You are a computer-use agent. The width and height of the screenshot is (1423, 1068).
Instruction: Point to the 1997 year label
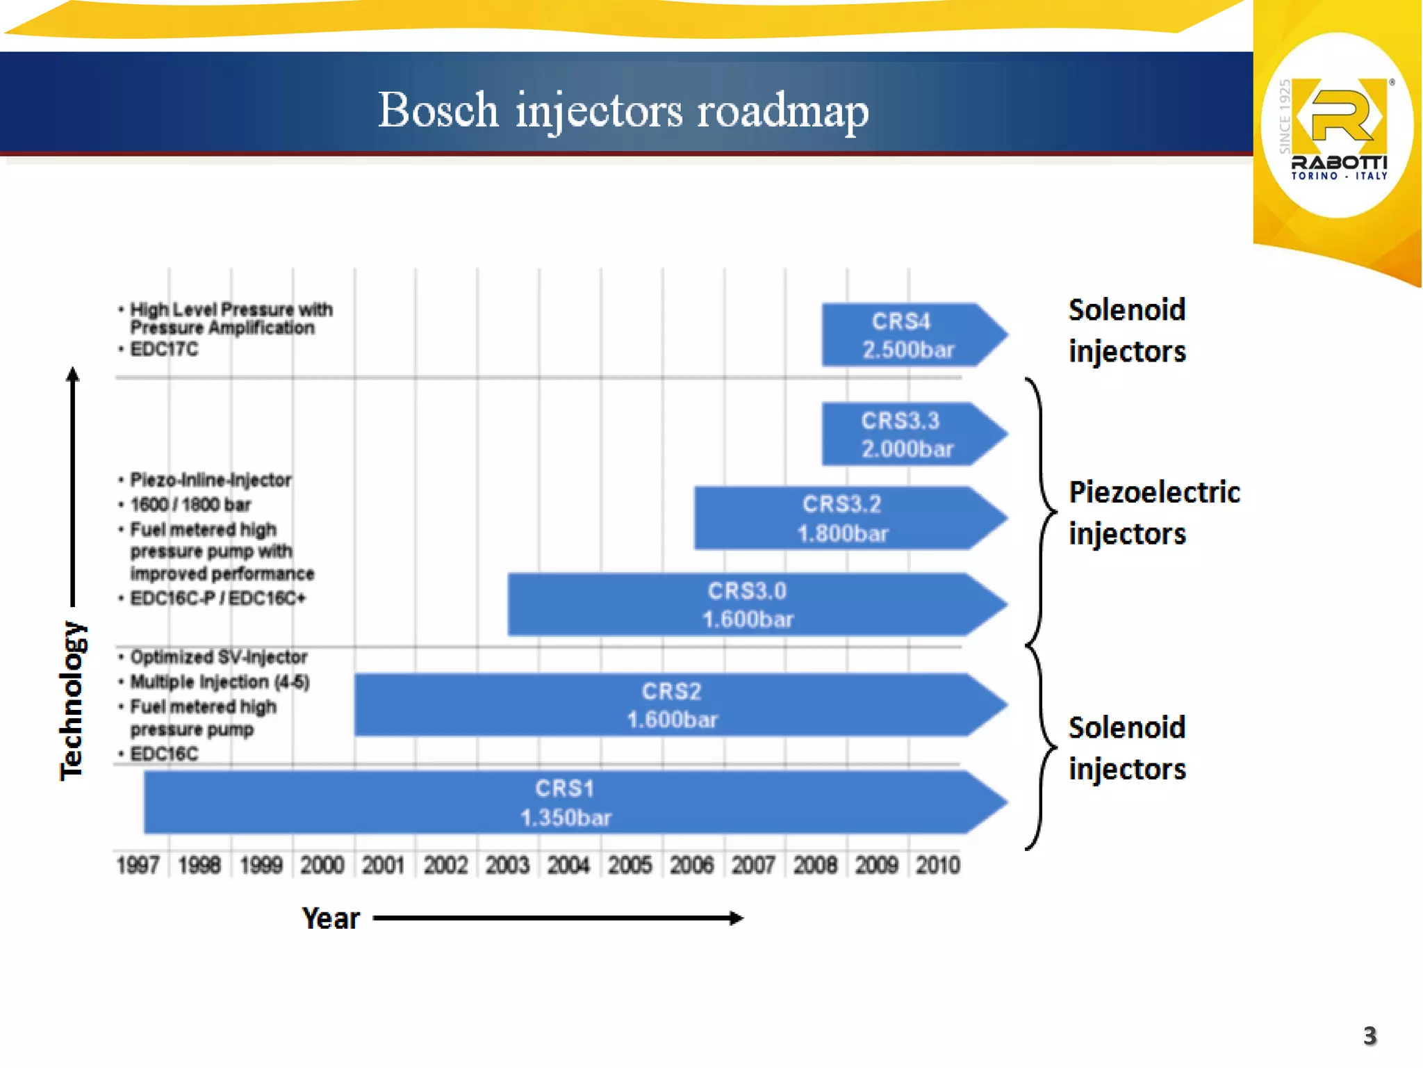[x=138, y=865]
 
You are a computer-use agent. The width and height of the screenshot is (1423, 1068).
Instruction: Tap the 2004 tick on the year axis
[x=568, y=865]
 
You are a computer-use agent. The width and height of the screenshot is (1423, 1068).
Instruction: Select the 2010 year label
[x=937, y=865]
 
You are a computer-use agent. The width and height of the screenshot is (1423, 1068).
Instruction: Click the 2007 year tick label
[x=753, y=865]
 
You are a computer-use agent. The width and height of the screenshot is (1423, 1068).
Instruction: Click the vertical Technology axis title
[x=72, y=701]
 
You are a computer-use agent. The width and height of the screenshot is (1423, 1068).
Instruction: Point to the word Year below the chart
[x=331, y=919]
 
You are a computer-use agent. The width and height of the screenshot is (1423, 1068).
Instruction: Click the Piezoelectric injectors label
[x=1153, y=513]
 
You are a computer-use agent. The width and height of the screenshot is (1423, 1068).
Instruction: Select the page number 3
[x=1369, y=1036]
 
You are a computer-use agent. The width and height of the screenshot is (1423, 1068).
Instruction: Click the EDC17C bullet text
[x=164, y=349]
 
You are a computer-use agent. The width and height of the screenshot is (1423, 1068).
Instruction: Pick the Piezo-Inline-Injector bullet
[x=211, y=480]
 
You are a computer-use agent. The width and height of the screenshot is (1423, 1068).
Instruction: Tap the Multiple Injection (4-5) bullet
[x=220, y=681]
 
